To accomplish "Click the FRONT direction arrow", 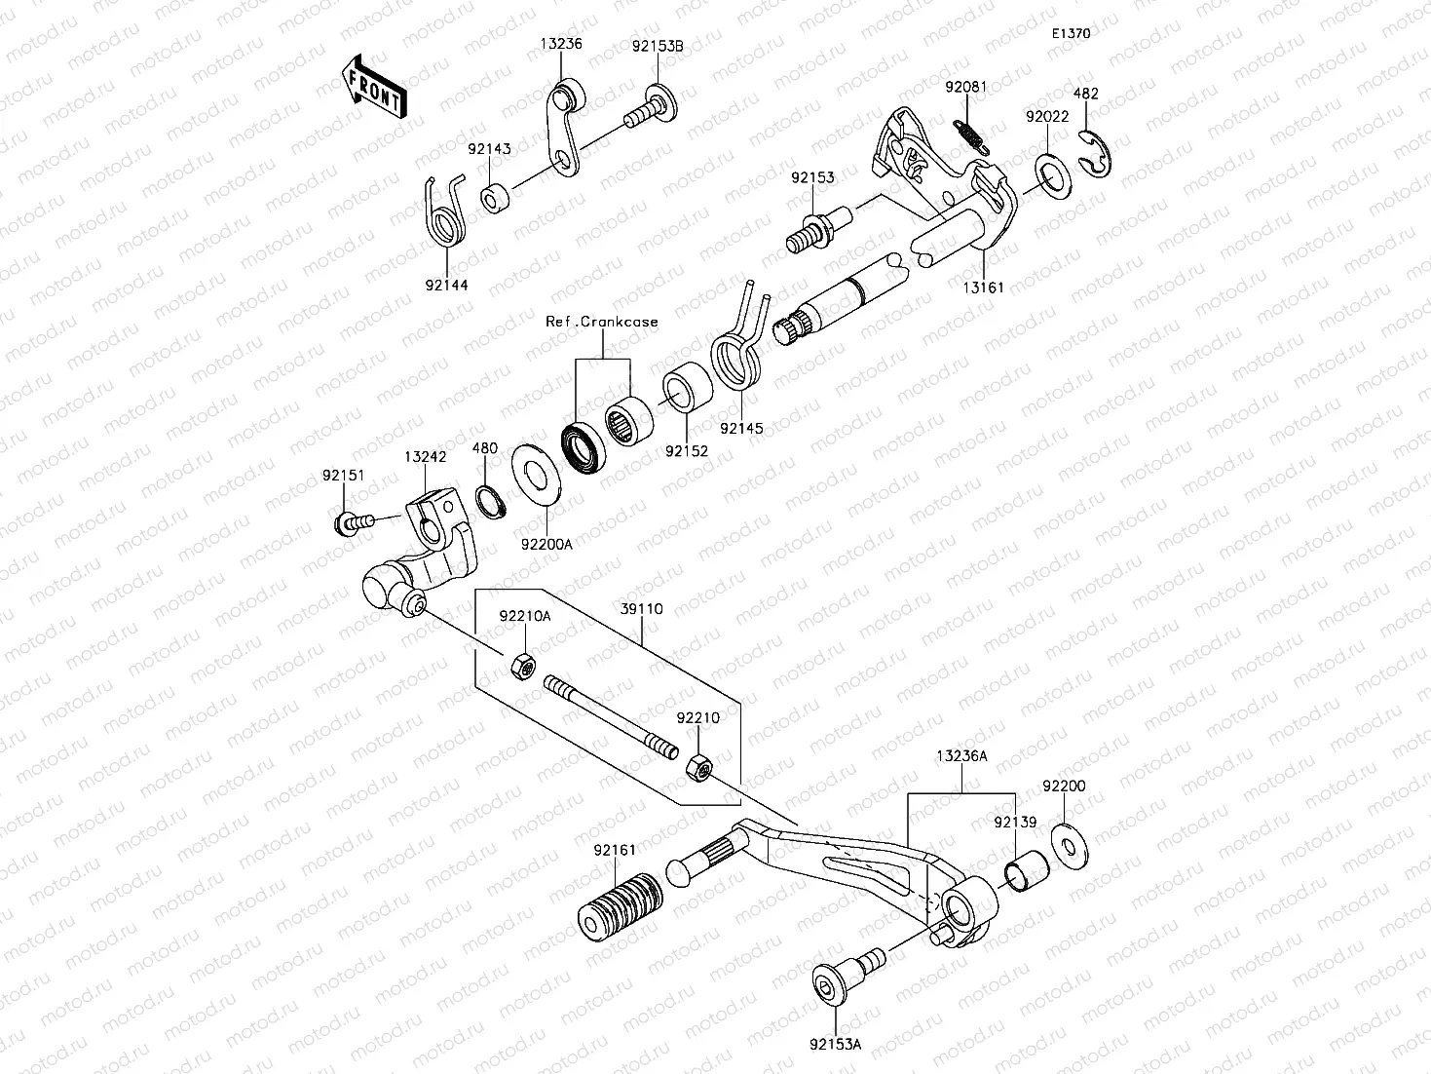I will [x=373, y=88].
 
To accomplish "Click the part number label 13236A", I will [x=961, y=755].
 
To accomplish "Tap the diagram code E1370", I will [x=1070, y=33].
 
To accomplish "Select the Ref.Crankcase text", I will [x=601, y=322].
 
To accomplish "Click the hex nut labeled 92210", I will [x=698, y=767].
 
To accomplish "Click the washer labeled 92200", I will [x=1070, y=843].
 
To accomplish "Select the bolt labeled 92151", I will [x=354, y=523].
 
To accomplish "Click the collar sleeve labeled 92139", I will [x=1027, y=871].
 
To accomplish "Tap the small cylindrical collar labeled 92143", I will [x=495, y=198].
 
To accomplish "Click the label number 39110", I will [x=642, y=609].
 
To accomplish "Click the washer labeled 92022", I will [x=1050, y=173].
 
